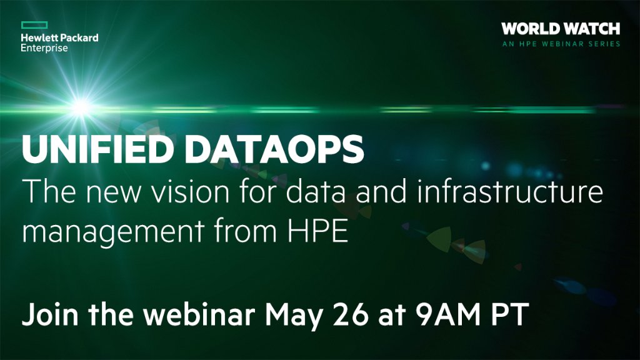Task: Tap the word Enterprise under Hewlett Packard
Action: click(44, 48)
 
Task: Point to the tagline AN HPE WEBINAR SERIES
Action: click(561, 44)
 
